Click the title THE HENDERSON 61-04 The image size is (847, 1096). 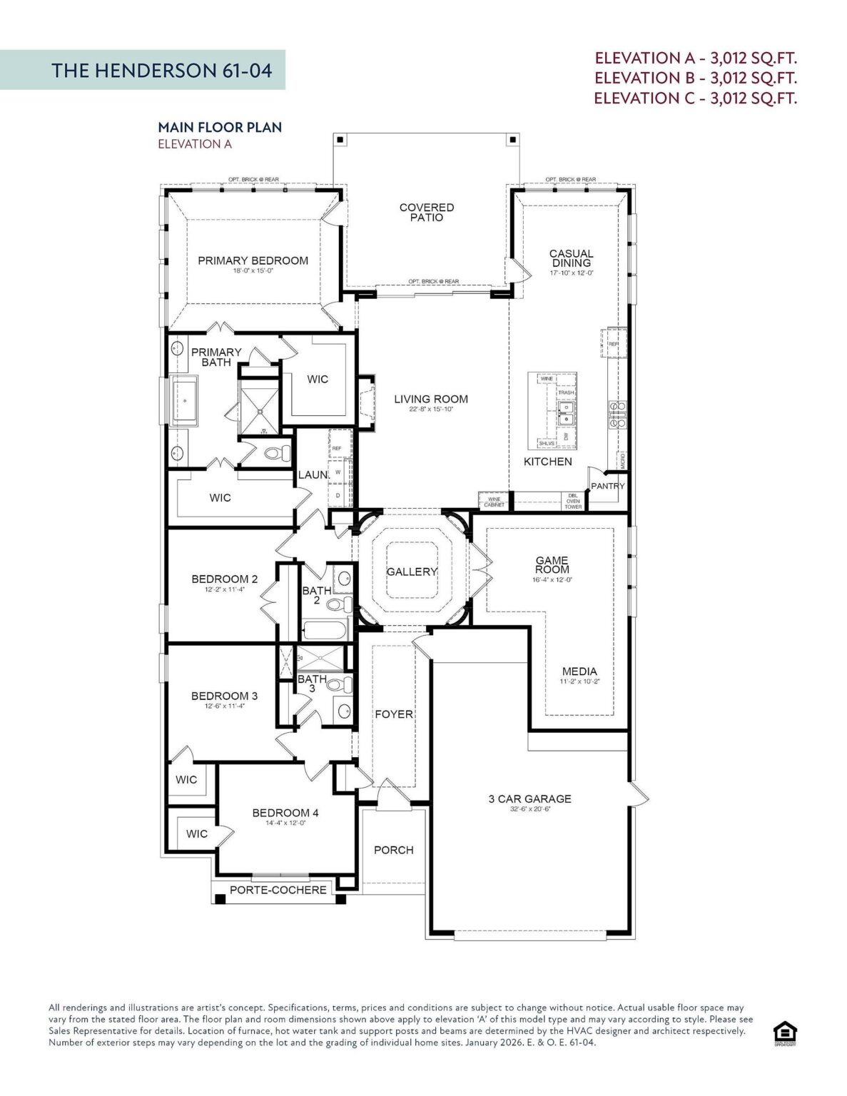(x=161, y=70)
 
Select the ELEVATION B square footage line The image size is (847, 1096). (x=695, y=78)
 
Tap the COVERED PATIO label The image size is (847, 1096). (x=426, y=212)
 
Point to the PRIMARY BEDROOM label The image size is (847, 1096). (x=253, y=260)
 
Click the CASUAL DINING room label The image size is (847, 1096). (x=571, y=258)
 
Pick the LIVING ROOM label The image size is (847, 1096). (x=431, y=399)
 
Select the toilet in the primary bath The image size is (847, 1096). (x=278, y=452)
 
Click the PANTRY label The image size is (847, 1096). (x=607, y=486)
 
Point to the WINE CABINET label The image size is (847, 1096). (x=494, y=502)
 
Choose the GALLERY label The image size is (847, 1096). (x=411, y=572)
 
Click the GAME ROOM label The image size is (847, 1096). (x=552, y=564)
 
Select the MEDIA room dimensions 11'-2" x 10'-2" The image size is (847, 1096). (x=579, y=681)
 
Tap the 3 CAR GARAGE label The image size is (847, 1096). (x=529, y=798)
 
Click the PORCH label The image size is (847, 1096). (x=393, y=850)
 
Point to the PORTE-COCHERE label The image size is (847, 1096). (x=278, y=890)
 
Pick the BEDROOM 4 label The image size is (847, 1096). (x=285, y=813)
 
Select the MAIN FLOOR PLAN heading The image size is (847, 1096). (x=220, y=127)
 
